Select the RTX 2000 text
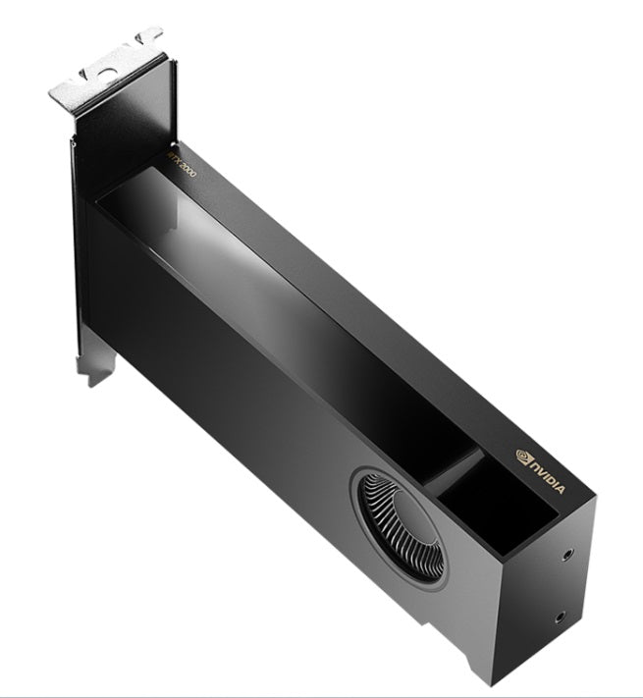pyautogui.click(x=181, y=164)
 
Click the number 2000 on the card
pyautogui.click(x=187, y=169)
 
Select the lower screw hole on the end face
pyautogui.click(x=560, y=617)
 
